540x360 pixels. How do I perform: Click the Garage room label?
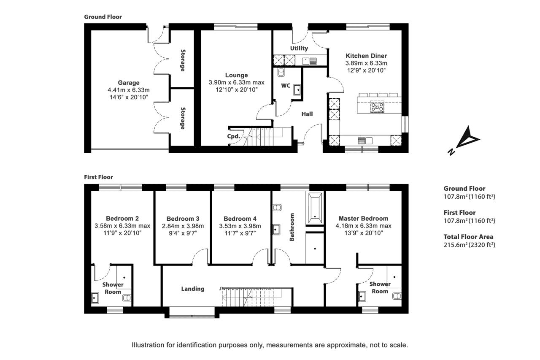[x=129, y=83]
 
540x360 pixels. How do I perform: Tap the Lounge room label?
[x=236, y=75]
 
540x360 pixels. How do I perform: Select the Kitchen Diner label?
[x=366, y=56]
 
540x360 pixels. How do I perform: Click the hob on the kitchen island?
[x=377, y=107]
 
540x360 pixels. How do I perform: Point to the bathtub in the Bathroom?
[x=315, y=208]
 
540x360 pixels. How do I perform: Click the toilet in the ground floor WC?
[x=281, y=72]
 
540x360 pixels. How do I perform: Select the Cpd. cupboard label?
[x=233, y=136]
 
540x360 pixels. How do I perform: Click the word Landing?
[x=193, y=289]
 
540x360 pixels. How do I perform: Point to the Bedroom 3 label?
[x=183, y=219]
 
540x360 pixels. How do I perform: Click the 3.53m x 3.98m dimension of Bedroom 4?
[x=240, y=226]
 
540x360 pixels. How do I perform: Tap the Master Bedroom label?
[x=363, y=219]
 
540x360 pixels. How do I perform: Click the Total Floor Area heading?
[x=468, y=237]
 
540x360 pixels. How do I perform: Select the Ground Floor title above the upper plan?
[x=103, y=17]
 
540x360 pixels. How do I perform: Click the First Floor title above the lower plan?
[x=98, y=177]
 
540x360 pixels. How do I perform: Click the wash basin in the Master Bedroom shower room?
[x=362, y=296]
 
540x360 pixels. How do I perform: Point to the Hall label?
[x=307, y=114]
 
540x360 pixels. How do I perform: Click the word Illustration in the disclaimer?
[x=148, y=345]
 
